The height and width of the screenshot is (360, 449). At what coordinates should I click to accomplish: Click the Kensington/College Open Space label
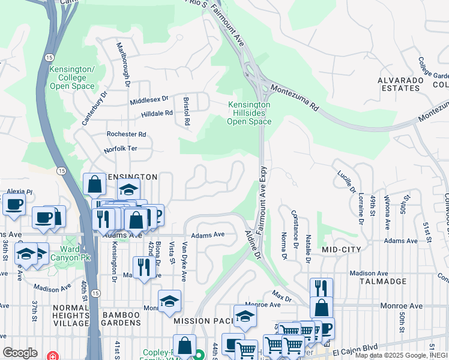[71, 78]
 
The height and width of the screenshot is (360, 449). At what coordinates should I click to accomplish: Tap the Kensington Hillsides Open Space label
[249, 113]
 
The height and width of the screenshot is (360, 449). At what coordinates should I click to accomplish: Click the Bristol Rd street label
[187, 110]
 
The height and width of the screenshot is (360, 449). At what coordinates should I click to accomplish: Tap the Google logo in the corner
[20, 352]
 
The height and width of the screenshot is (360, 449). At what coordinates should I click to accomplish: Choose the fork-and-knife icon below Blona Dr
[143, 268]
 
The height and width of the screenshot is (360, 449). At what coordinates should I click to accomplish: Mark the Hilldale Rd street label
[157, 113]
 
